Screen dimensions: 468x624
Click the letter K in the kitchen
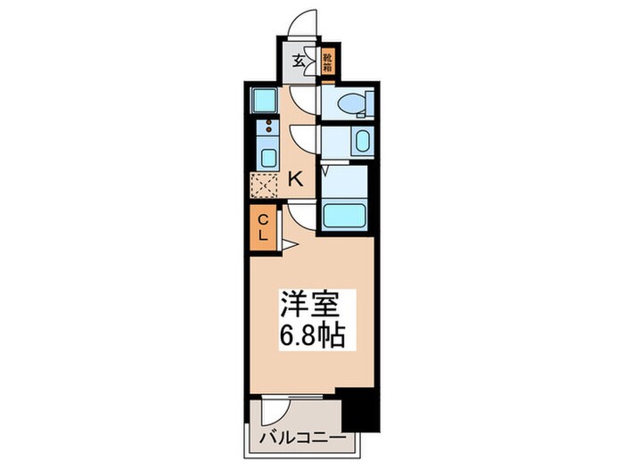tap(295, 178)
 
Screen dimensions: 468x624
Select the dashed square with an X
tap(265, 185)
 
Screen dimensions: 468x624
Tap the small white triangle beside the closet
tap(290, 243)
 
